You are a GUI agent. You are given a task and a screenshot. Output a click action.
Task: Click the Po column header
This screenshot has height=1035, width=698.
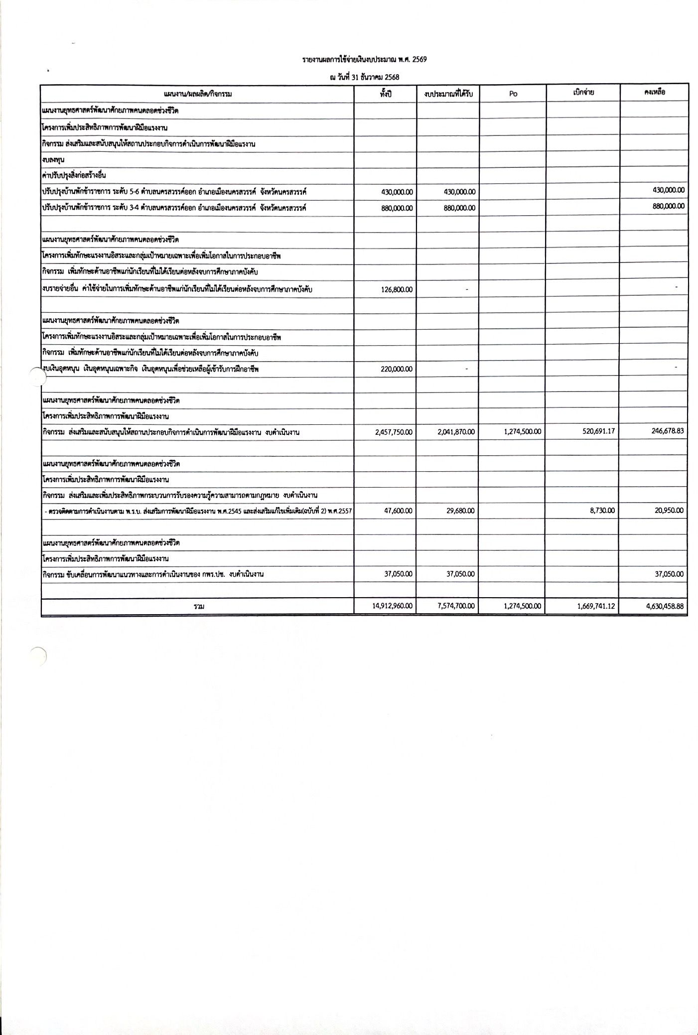513,94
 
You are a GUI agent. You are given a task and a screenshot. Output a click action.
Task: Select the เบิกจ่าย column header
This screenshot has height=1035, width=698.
583,92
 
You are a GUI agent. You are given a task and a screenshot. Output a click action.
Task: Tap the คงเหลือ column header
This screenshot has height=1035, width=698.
654,92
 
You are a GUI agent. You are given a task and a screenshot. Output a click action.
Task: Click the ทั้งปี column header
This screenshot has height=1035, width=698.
386,93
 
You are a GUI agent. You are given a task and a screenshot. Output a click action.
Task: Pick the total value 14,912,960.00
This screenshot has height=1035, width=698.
393,606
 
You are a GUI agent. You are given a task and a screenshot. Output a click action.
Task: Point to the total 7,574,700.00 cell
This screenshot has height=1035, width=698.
456,606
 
